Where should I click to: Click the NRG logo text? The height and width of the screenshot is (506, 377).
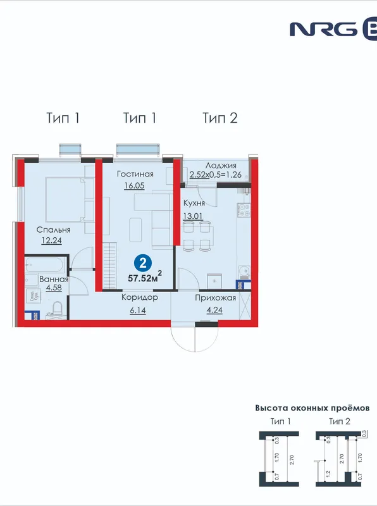(324, 29)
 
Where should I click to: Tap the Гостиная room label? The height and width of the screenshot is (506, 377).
(135, 175)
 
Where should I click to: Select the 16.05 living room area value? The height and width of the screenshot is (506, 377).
(134, 186)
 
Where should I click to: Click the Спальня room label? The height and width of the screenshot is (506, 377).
(53, 230)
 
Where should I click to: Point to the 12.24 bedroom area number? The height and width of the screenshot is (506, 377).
(52, 241)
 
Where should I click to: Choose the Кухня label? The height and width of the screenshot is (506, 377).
(194, 203)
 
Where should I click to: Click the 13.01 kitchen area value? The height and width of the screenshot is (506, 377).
(193, 216)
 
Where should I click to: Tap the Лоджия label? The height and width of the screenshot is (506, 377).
(221, 166)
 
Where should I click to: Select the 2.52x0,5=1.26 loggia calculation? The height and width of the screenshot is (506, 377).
(215, 175)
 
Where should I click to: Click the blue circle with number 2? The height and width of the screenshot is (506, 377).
(143, 263)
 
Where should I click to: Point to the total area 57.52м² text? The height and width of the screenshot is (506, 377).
(145, 277)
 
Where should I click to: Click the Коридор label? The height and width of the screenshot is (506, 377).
(140, 297)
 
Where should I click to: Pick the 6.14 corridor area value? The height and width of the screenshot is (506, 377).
(138, 311)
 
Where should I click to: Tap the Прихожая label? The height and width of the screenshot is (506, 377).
(215, 298)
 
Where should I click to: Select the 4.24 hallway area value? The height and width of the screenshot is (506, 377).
(214, 310)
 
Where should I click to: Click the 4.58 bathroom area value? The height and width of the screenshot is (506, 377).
(54, 288)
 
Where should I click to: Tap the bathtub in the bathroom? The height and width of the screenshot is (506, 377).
(46, 265)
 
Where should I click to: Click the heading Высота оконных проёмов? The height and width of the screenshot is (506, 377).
(312, 408)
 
